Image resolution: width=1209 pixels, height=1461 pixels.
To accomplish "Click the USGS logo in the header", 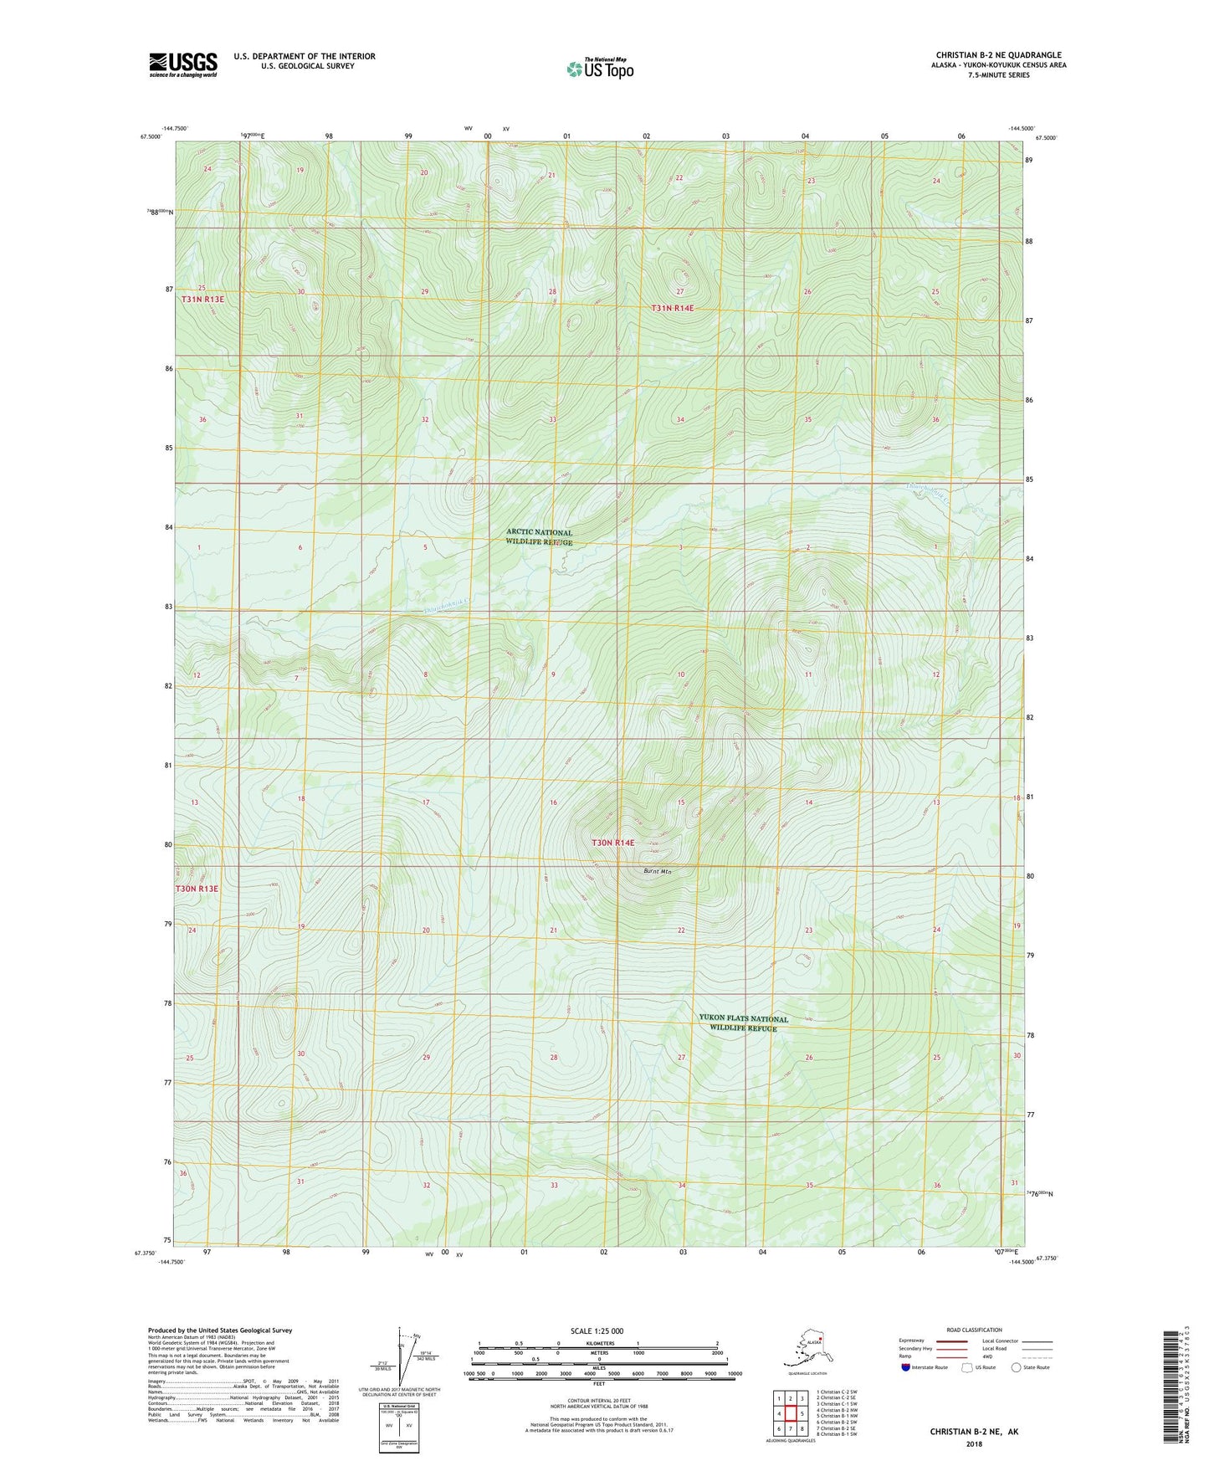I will click(x=182, y=64).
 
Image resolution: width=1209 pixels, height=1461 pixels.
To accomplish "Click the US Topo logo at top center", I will click(x=599, y=69).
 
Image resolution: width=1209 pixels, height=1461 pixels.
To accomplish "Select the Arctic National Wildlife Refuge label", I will click(x=539, y=537).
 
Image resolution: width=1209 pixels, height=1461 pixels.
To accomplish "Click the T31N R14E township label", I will click(x=672, y=308).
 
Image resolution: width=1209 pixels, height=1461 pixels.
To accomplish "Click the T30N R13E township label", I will click(x=197, y=888).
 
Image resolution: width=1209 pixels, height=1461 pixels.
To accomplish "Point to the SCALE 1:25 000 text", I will click(x=597, y=1330).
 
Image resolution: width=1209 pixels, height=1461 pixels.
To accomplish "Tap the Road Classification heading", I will click(x=974, y=1330).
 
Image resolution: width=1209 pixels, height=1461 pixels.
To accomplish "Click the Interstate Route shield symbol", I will click(x=906, y=1367).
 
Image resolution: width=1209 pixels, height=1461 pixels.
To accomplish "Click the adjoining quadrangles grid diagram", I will click(x=790, y=1413).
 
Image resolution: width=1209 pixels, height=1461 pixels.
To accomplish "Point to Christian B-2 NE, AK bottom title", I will click(x=974, y=1432).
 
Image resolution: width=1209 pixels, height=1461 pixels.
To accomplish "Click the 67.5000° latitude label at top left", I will click(x=150, y=138).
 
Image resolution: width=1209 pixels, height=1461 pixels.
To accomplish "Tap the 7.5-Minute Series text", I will click(x=998, y=75).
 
